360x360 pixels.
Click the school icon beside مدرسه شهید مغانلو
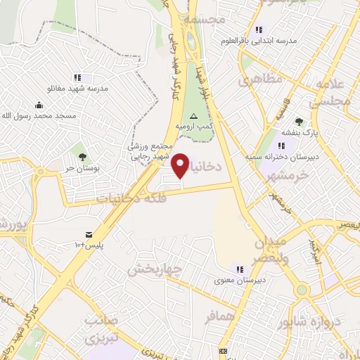click(x=77, y=77)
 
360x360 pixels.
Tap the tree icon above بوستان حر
click(x=82, y=156)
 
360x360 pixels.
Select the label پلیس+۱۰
click(x=89, y=245)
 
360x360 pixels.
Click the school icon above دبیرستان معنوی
click(x=240, y=269)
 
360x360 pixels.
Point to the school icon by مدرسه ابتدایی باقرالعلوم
click(x=258, y=30)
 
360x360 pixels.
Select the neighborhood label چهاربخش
click(x=155, y=269)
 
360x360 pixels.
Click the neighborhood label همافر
click(x=218, y=318)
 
